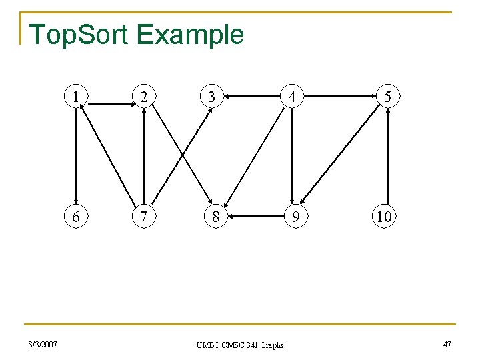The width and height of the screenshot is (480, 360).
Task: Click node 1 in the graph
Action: click(78, 97)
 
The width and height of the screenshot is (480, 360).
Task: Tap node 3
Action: click(211, 97)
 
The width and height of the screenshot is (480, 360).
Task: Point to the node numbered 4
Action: click(292, 97)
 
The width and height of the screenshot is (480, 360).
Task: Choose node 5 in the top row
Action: click(387, 97)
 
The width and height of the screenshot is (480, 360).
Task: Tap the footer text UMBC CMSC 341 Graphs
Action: click(240, 345)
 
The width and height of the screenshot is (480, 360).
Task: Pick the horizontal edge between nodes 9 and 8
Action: click(253, 216)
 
